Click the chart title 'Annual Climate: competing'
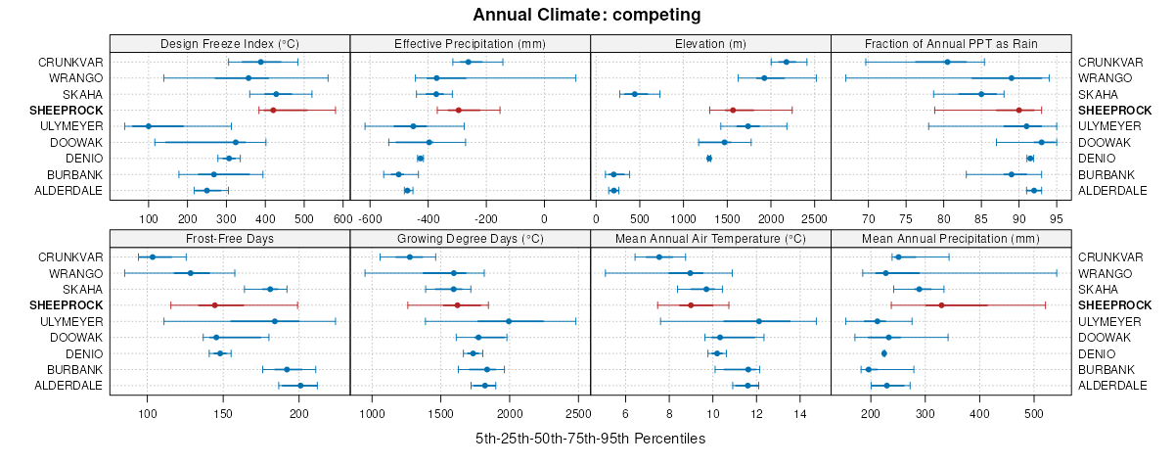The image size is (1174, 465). click(586, 15)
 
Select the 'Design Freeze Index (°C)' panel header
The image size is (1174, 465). click(229, 43)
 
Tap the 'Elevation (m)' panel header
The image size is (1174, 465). click(710, 43)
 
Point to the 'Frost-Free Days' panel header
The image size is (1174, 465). click(229, 238)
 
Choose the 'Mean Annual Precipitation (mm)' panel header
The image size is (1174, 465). click(951, 238)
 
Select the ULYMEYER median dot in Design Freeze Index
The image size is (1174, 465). click(149, 126)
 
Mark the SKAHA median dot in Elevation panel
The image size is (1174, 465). click(634, 94)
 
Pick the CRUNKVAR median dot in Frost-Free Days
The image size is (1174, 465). click(152, 256)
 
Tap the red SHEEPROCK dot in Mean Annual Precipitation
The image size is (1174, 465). click(941, 305)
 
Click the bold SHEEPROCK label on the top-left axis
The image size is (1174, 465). click(71, 111)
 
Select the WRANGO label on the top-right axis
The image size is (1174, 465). click(1105, 78)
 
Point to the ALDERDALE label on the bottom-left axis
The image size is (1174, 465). click(70, 386)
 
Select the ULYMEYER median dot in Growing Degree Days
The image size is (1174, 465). click(509, 321)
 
